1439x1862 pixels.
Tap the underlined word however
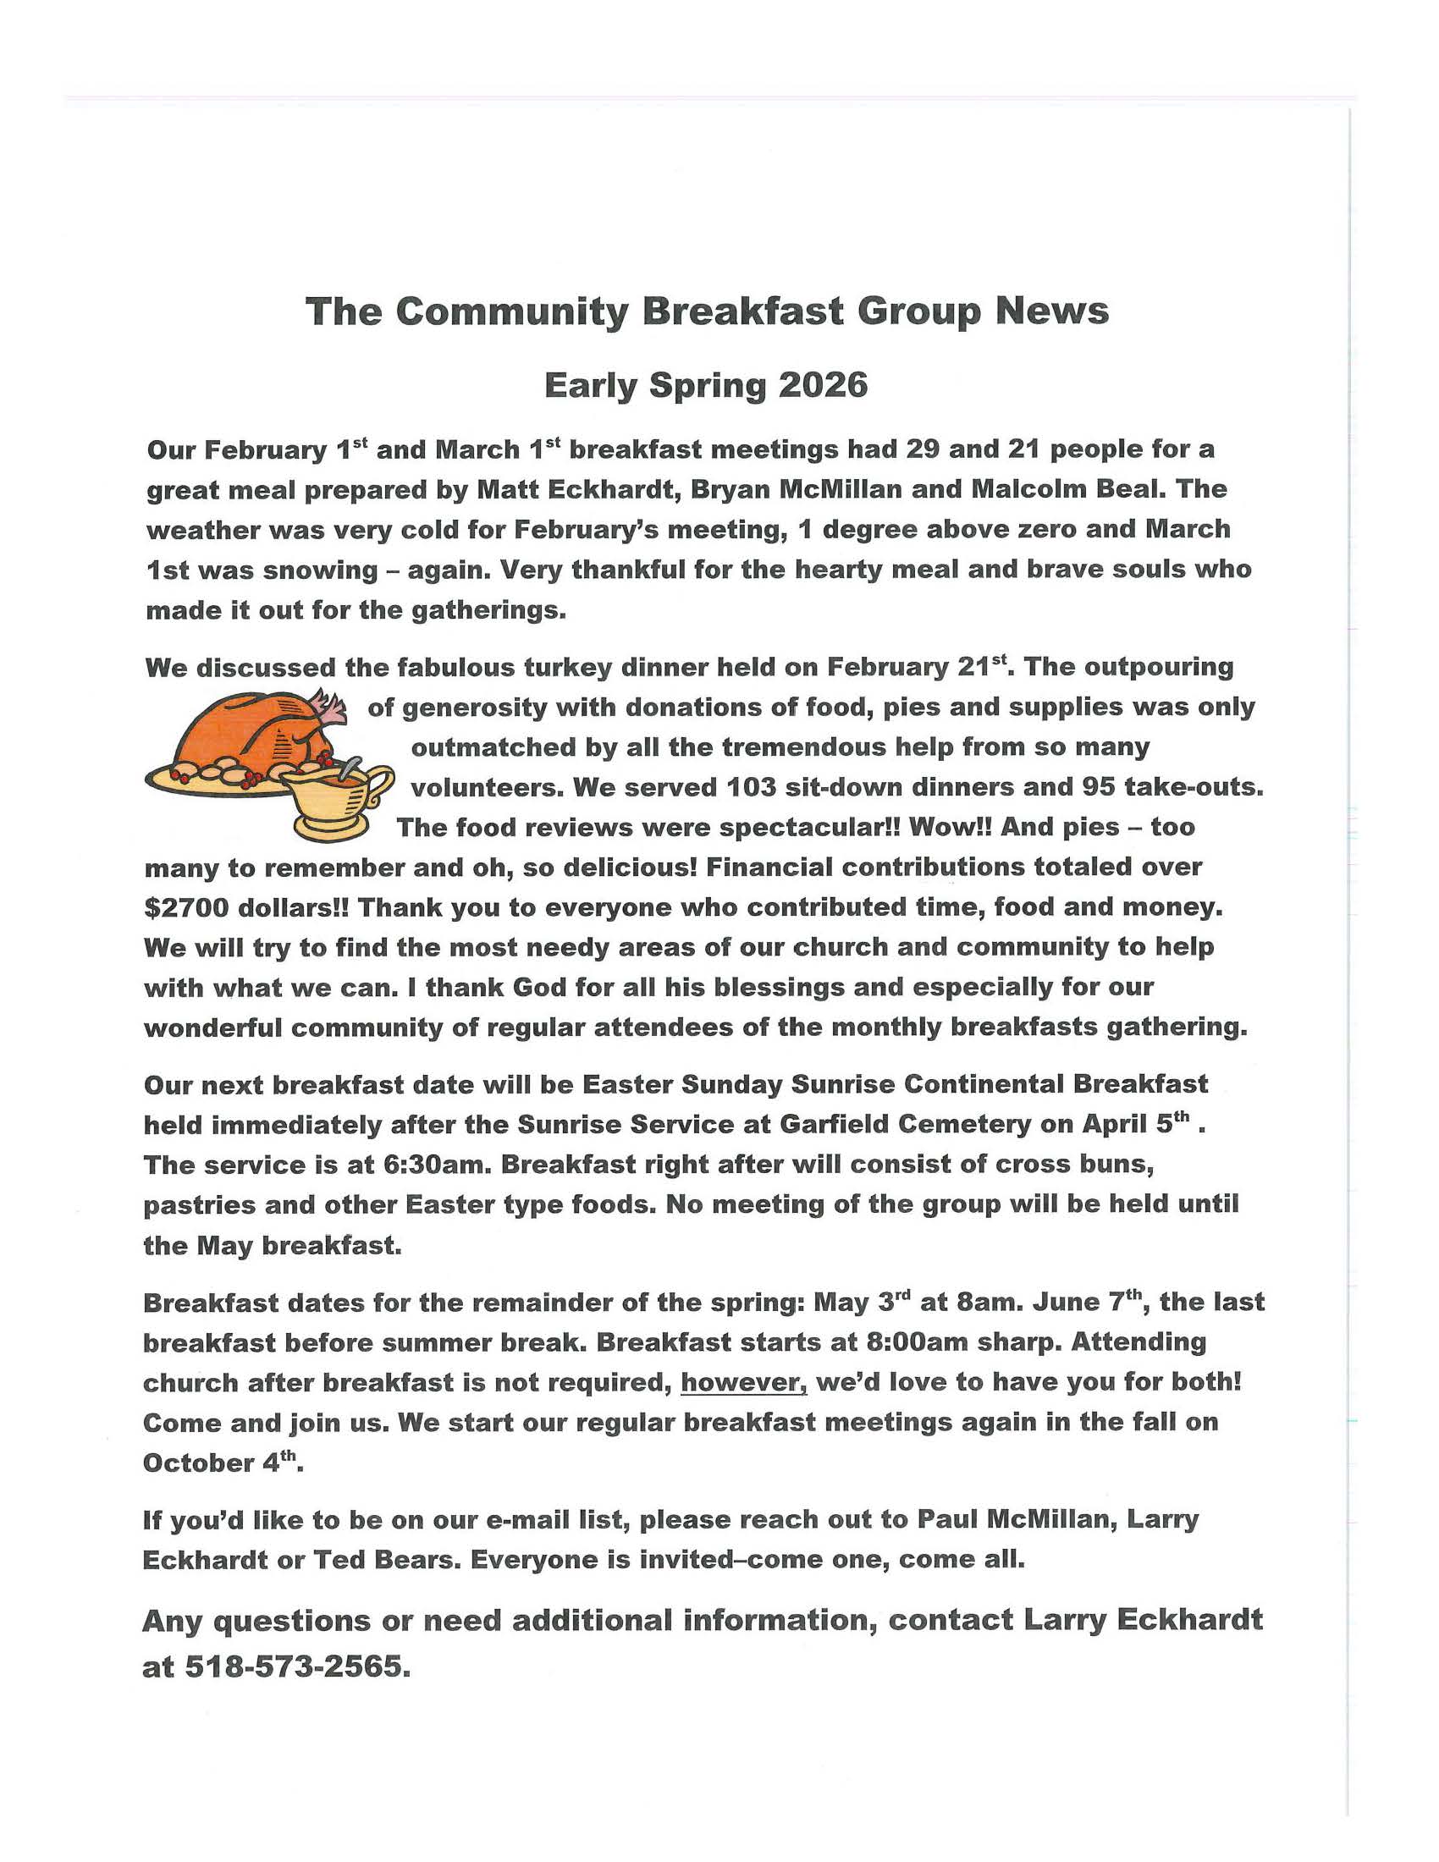[x=743, y=1382]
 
